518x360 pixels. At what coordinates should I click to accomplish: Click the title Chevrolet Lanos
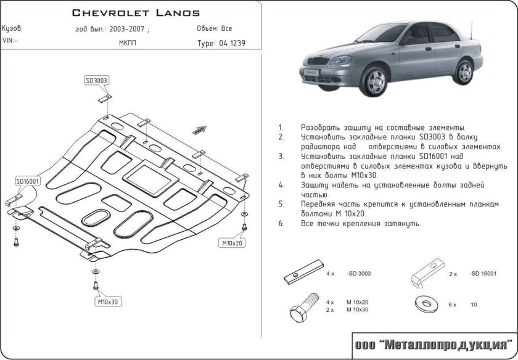coord(136,12)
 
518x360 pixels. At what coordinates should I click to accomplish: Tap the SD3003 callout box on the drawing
coord(97,80)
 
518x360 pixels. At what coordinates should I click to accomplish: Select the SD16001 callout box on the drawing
coord(28,181)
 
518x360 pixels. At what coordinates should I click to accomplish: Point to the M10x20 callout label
coord(232,243)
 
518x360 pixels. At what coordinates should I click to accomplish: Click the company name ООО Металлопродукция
coord(434,343)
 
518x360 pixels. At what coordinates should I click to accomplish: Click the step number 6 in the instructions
coord(281,224)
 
